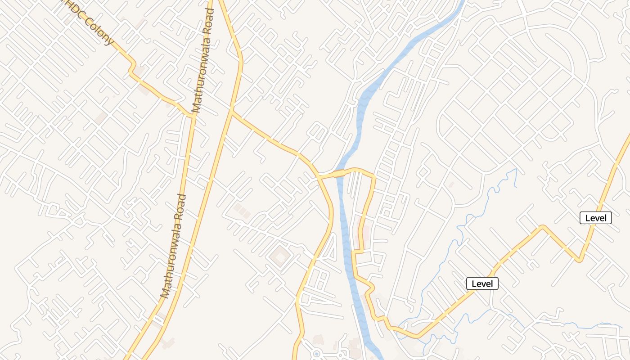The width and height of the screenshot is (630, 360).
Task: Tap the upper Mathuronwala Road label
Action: (x=202, y=67)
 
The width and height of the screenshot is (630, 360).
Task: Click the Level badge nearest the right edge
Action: (x=596, y=218)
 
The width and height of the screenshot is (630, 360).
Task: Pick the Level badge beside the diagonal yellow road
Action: (x=482, y=284)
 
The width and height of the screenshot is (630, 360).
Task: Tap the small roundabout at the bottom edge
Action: (x=316, y=354)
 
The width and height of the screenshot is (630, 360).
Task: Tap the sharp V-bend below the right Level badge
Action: (x=580, y=260)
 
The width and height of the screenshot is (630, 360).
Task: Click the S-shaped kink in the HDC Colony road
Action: (x=132, y=67)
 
